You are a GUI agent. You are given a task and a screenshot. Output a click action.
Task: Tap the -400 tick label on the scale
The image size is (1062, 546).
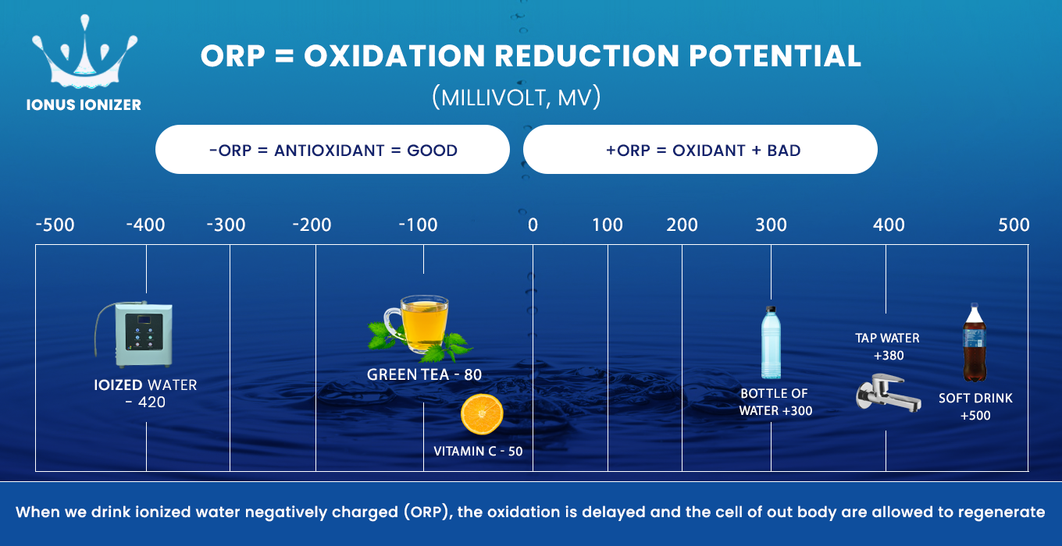pos(145,225)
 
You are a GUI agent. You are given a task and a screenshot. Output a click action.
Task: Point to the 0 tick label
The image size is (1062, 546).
pos(533,225)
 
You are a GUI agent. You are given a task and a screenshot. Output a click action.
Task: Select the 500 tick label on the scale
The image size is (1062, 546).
pos(1014,225)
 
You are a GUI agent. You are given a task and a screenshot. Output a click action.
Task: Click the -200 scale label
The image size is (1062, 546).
pos(312,225)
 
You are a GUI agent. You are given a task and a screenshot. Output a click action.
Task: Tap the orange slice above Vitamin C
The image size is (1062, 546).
pos(482,415)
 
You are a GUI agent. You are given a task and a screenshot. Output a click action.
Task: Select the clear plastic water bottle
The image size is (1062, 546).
pos(772,342)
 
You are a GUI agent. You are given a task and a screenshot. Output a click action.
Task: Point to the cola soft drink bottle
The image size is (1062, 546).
pos(974,342)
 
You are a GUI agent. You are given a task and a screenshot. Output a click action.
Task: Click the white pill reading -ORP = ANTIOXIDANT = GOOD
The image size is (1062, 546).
pos(333,150)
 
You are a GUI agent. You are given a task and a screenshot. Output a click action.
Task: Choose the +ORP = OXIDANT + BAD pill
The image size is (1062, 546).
pos(700,150)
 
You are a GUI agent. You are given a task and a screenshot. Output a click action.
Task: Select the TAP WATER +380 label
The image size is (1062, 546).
pos(887,347)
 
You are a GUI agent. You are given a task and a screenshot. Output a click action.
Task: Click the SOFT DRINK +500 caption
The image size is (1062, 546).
pos(975,406)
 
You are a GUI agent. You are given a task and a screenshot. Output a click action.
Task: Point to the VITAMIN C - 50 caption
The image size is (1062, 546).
pos(478,451)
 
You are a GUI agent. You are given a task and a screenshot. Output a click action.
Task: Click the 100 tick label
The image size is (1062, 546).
pos(607,225)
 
